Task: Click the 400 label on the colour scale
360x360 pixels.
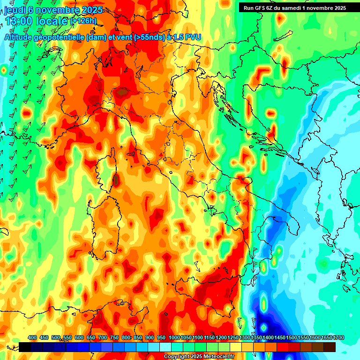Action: [x=32, y=337]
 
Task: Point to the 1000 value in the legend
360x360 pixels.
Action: [x=174, y=337]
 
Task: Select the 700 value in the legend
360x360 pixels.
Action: [x=103, y=337]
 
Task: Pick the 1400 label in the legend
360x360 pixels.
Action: [x=268, y=337]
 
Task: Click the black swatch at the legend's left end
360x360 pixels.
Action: [x=25, y=347]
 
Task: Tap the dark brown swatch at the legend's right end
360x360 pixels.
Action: [x=330, y=347]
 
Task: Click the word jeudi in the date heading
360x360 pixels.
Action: [x=14, y=10]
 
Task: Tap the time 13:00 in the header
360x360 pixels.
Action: [x=19, y=21]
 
